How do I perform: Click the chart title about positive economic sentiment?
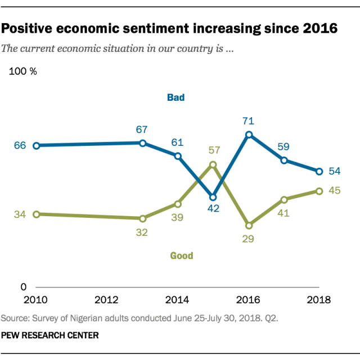169,28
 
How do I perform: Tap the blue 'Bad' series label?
175,97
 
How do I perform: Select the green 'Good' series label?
181,256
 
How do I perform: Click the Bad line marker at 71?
249,135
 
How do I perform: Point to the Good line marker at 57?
213,164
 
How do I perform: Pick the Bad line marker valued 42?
213,197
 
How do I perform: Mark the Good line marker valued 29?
249,225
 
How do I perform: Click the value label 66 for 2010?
20,145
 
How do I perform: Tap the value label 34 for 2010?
20,214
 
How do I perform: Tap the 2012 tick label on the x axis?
107,299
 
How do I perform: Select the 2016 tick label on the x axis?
249,299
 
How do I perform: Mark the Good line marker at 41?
284,199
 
